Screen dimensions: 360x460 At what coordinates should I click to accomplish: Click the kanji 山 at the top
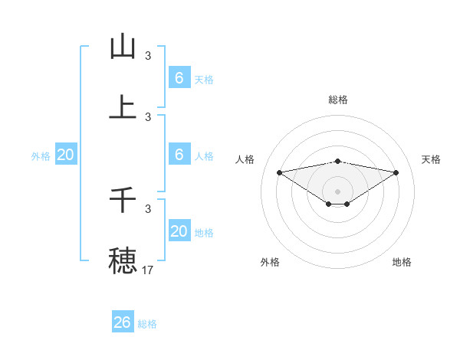123,47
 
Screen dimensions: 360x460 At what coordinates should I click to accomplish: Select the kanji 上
123,108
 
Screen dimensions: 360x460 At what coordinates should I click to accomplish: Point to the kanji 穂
123,260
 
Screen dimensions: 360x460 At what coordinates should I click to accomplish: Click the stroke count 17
148,270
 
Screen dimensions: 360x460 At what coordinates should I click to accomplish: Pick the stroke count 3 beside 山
148,55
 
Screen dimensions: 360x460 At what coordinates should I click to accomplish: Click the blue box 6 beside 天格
179,78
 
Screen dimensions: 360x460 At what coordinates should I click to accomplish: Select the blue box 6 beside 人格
179,155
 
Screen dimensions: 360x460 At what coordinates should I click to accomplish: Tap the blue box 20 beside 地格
179,231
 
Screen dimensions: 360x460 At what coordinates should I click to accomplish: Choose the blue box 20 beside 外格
66,155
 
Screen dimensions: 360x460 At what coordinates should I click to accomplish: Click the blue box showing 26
123,322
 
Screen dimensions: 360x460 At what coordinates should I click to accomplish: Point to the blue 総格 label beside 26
148,324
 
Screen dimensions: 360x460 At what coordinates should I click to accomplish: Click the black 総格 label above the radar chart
338,100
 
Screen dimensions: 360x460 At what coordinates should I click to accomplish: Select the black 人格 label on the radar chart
246,159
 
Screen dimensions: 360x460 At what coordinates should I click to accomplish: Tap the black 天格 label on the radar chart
431,159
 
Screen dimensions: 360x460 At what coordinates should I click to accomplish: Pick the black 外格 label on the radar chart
270,262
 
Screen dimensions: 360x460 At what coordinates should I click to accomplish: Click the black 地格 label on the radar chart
402,262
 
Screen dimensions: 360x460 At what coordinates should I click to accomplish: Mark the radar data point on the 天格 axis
396,172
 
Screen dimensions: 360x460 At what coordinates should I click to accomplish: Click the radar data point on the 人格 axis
279,172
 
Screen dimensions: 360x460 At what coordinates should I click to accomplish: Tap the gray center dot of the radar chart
338,191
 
